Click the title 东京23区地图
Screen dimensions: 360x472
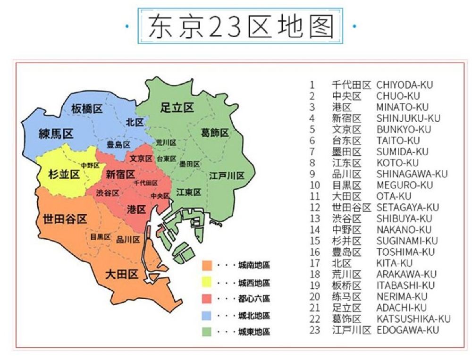pyautogui.click(x=241, y=25)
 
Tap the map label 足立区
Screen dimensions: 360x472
pyautogui.click(x=177, y=108)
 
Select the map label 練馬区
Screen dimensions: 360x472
pyautogui.click(x=56, y=134)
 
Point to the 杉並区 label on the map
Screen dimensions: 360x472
pyautogui.click(x=64, y=175)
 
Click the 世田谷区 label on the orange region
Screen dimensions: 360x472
pyautogui.click(x=65, y=219)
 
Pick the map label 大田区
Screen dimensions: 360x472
pyautogui.click(x=121, y=274)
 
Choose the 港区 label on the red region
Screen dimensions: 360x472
pyautogui.click(x=136, y=209)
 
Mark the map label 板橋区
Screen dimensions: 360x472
pyautogui.click(x=87, y=109)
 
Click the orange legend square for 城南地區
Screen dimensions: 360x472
pyautogui.click(x=207, y=266)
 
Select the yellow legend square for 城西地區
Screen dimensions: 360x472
pyautogui.click(x=207, y=283)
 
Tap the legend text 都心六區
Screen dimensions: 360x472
pyautogui.click(x=254, y=299)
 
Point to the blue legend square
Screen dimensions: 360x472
pyautogui.click(x=207, y=315)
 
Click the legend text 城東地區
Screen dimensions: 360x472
pyautogui.click(x=254, y=332)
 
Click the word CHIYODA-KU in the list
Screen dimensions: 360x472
pyautogui.click(x=404, y=85)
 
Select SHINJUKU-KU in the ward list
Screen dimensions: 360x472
pyautogui.click(x=408, y=118)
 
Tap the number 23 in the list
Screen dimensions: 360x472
pyautogui.click(x=315, y=330)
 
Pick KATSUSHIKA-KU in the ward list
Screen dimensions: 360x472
pyautogui.click(x=413, y=319)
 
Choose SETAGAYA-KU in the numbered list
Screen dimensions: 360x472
pyautogui.click(x=407, y=207)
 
